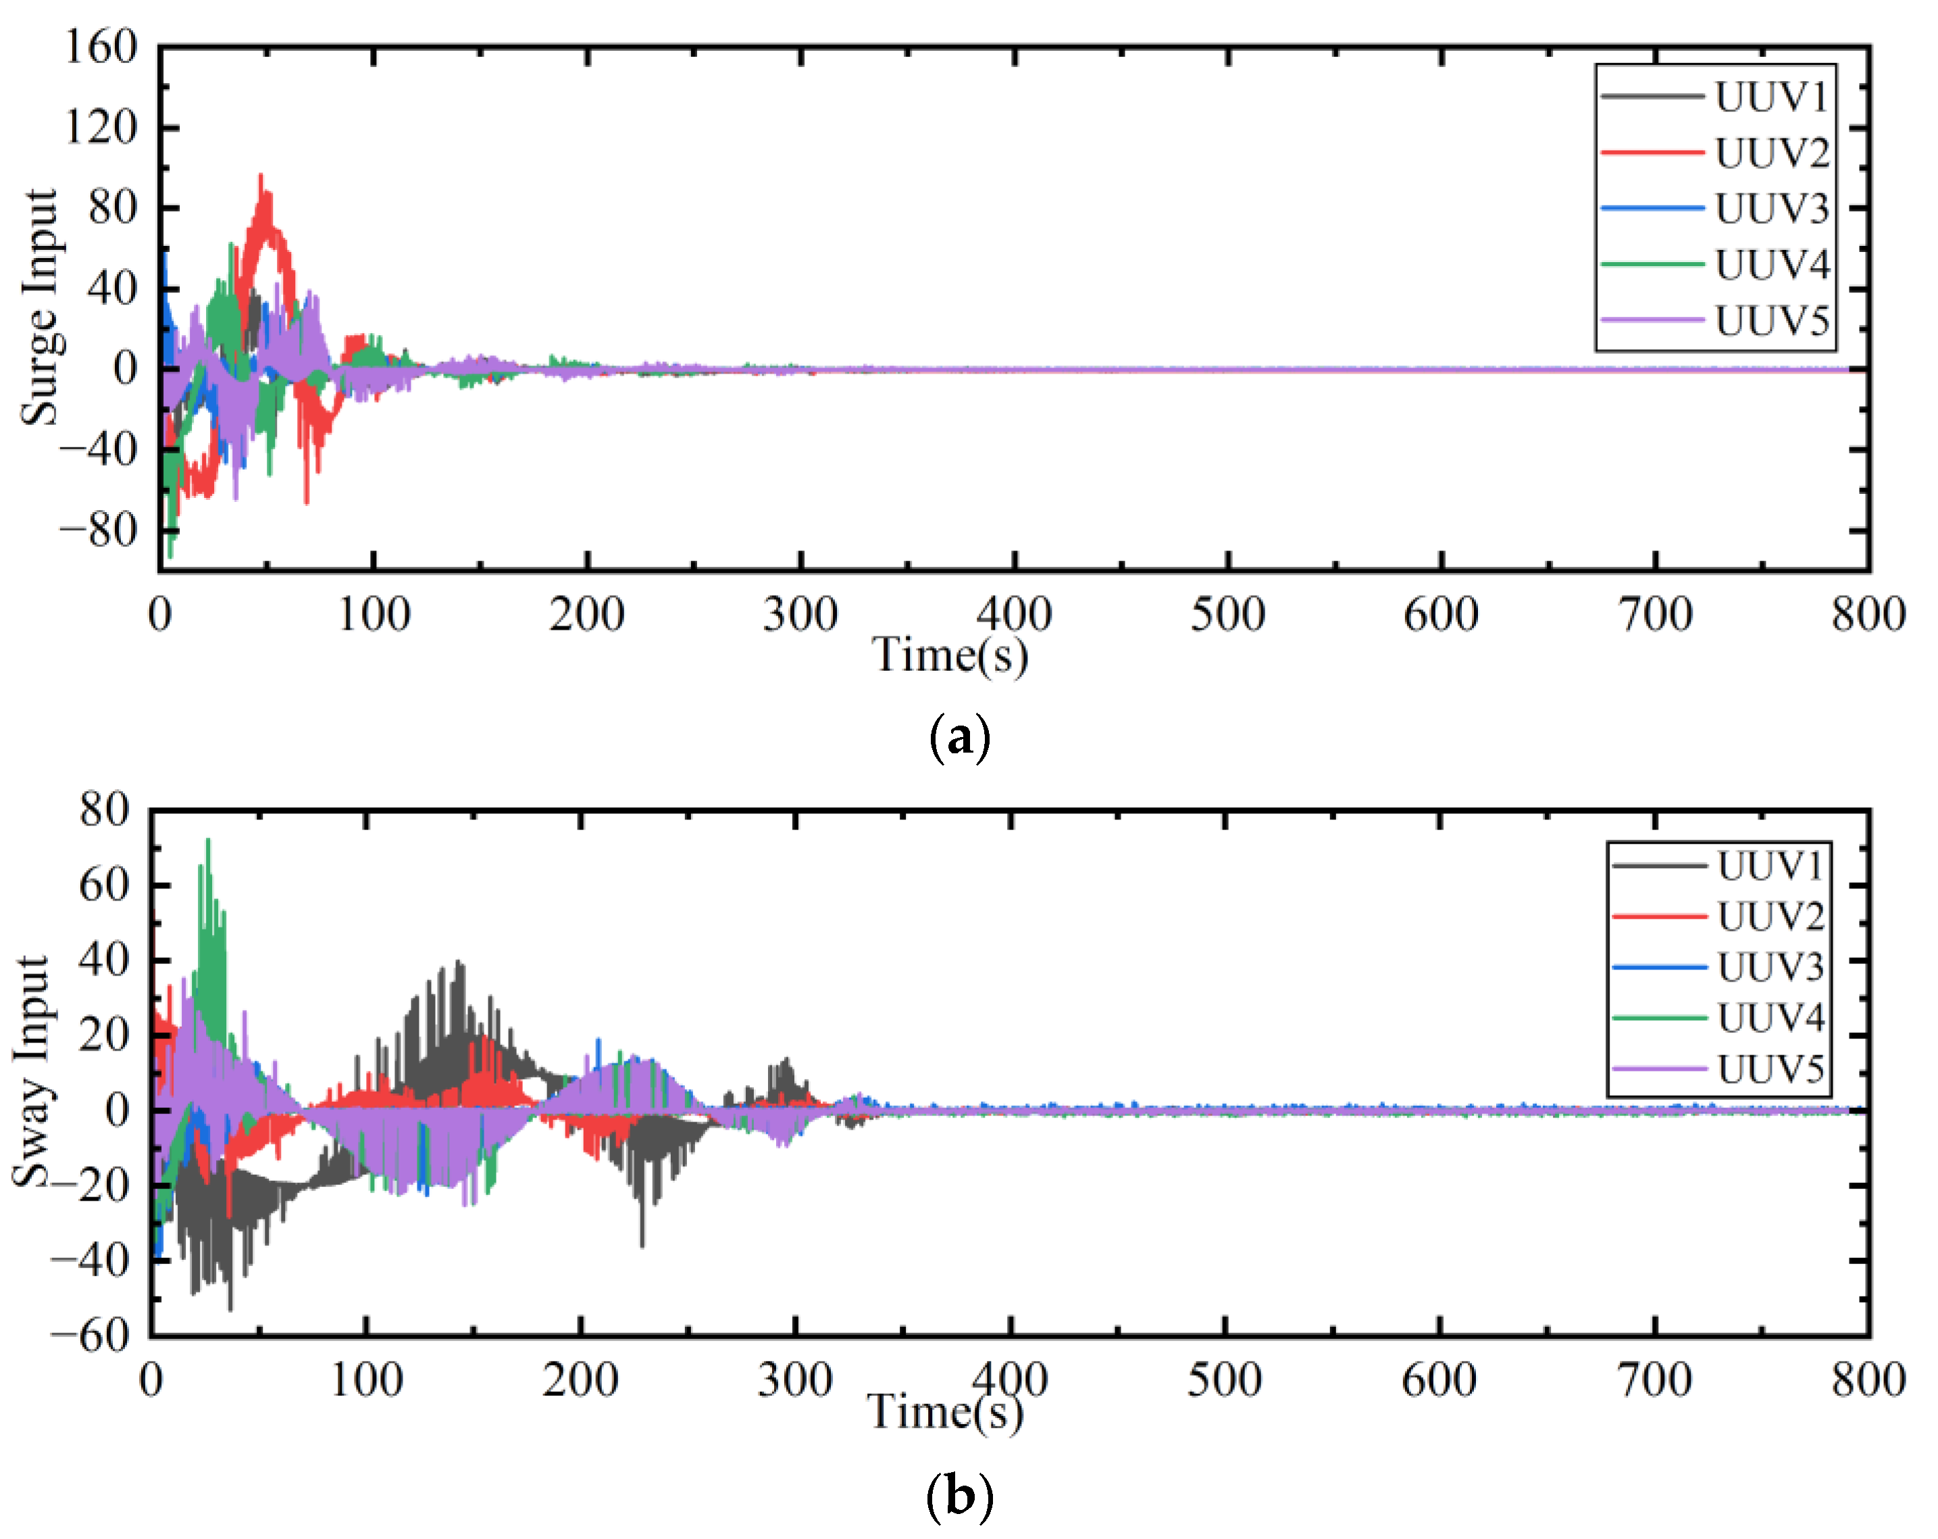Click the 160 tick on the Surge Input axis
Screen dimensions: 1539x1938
(101, 47)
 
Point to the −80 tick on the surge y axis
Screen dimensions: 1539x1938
(99, 530)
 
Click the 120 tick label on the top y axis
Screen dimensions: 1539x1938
(101, 128)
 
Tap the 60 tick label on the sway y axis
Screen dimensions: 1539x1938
(103, 886)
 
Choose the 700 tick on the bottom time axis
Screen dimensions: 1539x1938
(1655, 1380)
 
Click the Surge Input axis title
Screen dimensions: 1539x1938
(41, 307)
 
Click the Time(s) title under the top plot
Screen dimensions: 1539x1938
(950, 655)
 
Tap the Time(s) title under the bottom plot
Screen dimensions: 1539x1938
(945, 1411)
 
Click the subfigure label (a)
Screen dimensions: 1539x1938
(959, 738)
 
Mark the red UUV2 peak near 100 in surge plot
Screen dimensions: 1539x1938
(261, 176)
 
